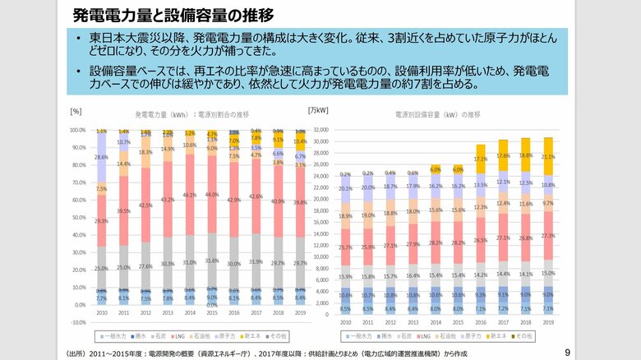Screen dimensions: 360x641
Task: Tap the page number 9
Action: click(x=567, y=353)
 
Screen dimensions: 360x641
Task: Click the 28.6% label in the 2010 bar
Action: click(x=101, y=157)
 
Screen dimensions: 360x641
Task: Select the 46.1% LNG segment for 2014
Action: click(x=190, y=195)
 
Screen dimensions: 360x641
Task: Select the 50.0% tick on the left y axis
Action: click(x=78, y=218)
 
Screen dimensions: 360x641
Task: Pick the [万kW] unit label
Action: click(x=317, y=109)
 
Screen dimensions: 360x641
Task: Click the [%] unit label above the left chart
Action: click(x=76, y=110)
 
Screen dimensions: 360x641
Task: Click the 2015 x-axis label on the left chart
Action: click(x=212, y=313)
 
